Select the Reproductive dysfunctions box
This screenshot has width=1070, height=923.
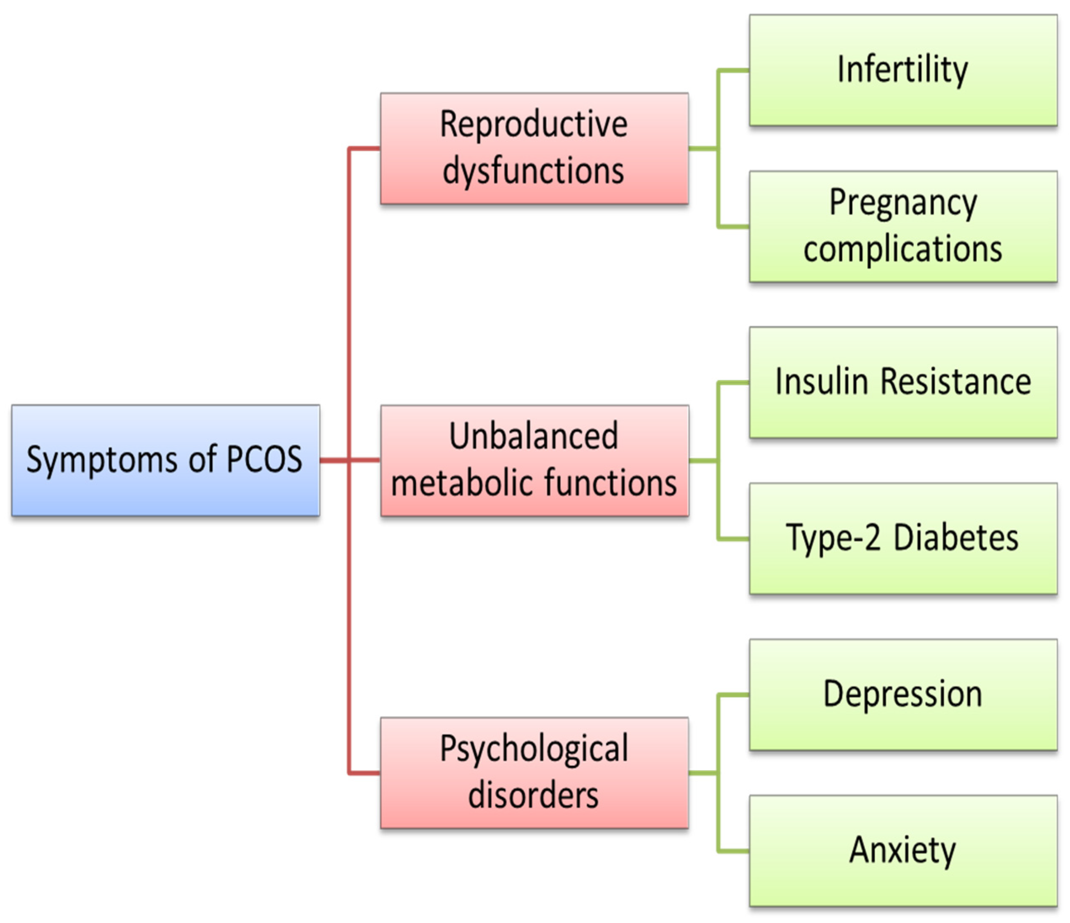tap(534, 148)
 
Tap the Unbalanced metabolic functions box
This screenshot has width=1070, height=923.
tap(534, 460)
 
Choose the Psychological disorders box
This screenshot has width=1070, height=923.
tap(534, 773)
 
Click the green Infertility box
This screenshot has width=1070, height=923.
tap(903, 70)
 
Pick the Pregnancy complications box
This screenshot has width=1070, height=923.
tap(903, 226)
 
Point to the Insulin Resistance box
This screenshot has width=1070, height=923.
tap(903, 383)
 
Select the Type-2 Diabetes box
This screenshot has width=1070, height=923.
tap(903, 538)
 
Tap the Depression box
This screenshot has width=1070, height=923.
tap(903, 695)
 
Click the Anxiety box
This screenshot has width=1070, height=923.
tap(903, 851)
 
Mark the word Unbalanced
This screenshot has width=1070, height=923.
tap(533, 436)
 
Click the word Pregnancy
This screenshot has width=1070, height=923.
tap(903, 203)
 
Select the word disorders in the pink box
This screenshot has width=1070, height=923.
tap(533, 795)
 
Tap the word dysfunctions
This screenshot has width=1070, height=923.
tap(533, 171)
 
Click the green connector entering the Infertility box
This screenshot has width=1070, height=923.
tap(733, 70)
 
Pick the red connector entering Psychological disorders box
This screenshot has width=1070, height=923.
tap(365, 773)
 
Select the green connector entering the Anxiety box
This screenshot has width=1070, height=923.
tap(733, 851)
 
